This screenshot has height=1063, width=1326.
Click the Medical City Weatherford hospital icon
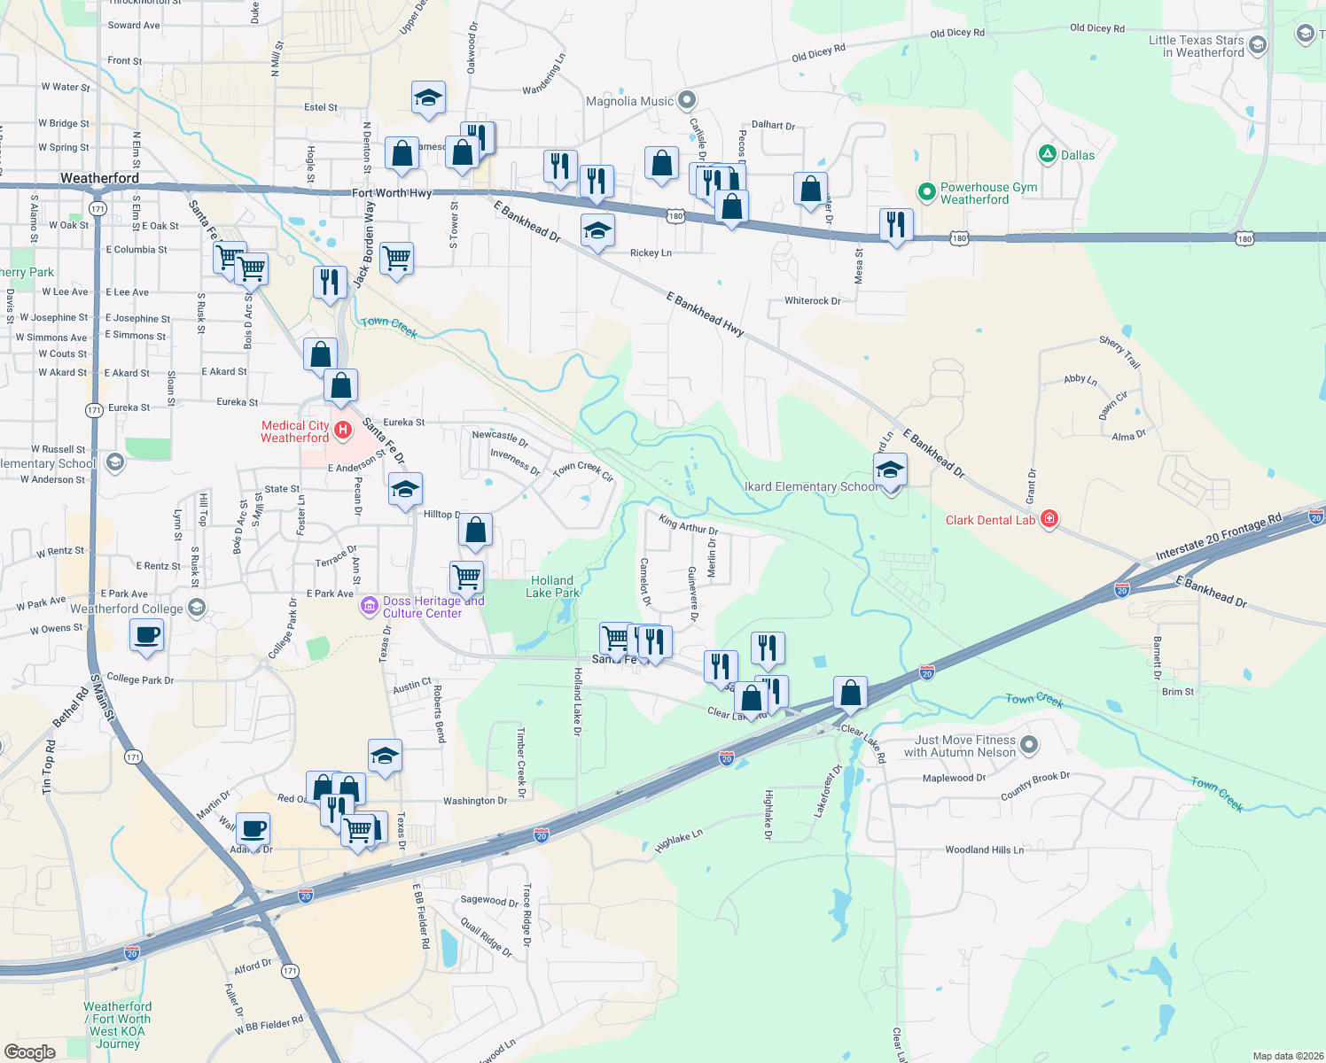click(343, 431)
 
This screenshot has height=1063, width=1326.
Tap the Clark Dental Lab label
click(990, 520)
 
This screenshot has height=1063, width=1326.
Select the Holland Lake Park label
click(552, 586)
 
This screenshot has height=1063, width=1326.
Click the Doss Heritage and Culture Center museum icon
click(370, 607)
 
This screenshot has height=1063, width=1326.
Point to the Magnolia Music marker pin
click(687, 100)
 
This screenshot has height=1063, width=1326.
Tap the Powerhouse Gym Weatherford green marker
click(926, 191)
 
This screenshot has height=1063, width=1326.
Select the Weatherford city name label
click(99, 178)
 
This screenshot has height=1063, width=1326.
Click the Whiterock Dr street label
click(812, 301)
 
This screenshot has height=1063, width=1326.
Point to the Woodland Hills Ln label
click(984, 850)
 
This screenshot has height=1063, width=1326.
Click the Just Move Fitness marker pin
click(1029, 745)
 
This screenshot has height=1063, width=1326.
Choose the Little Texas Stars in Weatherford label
click(1196, 46)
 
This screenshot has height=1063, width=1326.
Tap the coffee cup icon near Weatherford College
click(146, 634)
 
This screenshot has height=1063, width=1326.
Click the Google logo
click(30, 1051)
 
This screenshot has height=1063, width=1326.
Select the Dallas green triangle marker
click(1047, 154)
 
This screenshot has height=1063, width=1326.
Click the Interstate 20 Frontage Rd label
click(1218, 537)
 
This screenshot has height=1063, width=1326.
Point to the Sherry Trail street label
click(1119, 352)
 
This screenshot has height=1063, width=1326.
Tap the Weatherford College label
click(126, 609)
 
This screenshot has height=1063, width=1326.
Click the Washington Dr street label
click(475, 801)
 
